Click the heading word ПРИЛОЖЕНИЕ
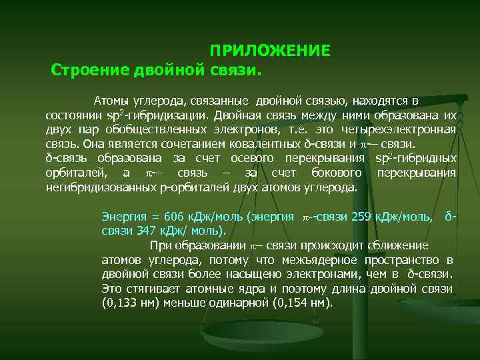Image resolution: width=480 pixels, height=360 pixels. [x=270, y=51]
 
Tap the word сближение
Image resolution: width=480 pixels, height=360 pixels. [x=396, y=245]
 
